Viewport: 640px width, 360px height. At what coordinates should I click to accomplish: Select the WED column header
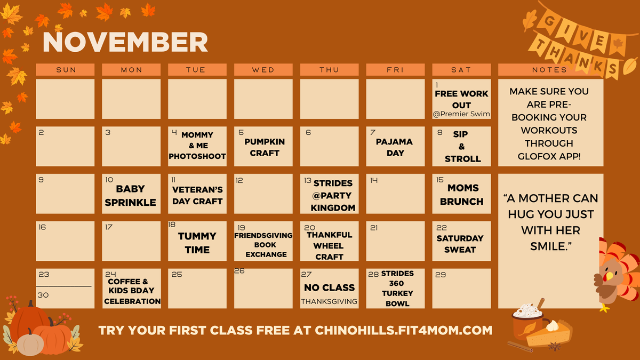(263, 70)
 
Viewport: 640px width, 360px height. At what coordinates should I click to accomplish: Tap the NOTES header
(550, 70)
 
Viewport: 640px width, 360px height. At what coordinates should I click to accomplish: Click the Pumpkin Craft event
(265, 147)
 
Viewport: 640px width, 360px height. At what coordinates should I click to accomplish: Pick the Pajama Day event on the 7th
(394, 147)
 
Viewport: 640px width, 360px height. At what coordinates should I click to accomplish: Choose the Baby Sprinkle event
(130, 196)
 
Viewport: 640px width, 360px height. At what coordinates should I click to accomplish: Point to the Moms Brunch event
(462, 195)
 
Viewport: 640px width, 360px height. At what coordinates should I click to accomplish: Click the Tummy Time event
(197, 243)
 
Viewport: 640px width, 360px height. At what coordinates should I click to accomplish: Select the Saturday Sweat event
(460, 244)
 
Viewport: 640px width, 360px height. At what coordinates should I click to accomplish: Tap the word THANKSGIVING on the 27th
(329, 301)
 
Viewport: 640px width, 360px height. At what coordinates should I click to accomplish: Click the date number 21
(374, 228)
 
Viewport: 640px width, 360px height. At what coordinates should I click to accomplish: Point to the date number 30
(44, 295)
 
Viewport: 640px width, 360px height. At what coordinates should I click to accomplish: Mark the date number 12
(239, 181)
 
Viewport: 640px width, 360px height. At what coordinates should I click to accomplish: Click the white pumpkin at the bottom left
(30, 342)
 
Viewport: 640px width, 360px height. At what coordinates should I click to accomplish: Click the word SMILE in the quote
(550, 247)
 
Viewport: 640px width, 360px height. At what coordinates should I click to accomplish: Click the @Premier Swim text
(462, 114)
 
